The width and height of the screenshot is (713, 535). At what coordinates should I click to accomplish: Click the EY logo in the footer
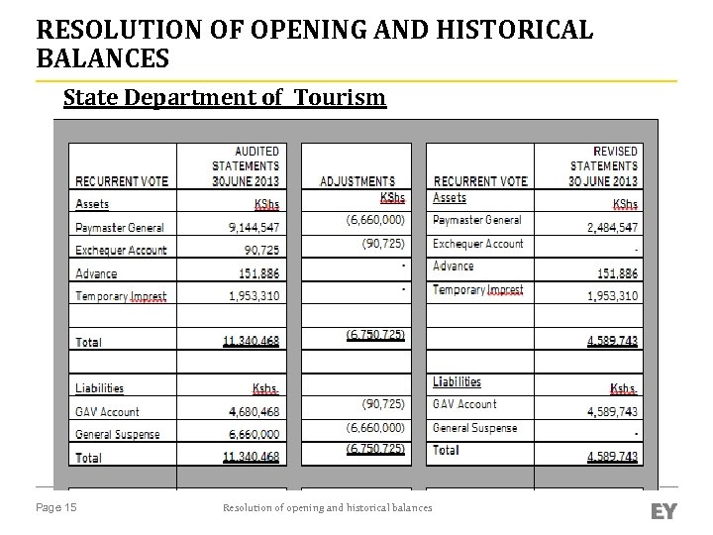[663, 511]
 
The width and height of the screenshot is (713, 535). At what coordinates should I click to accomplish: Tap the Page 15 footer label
[56, 508]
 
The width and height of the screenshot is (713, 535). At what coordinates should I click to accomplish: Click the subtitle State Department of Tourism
[224, 97]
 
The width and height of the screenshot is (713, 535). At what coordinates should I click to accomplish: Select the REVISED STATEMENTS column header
[603, 166]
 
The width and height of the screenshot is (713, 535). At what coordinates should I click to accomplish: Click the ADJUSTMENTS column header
[357, 181]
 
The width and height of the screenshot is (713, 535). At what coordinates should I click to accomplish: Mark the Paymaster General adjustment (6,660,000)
[374, 220]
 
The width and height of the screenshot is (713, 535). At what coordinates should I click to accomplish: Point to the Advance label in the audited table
[96, 273]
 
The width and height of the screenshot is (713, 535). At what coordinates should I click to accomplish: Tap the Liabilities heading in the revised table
[457, 381]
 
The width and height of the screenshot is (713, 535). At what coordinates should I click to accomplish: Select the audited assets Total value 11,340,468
[251, 342]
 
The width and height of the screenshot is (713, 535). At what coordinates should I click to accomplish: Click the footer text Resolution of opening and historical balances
[327, 508]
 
